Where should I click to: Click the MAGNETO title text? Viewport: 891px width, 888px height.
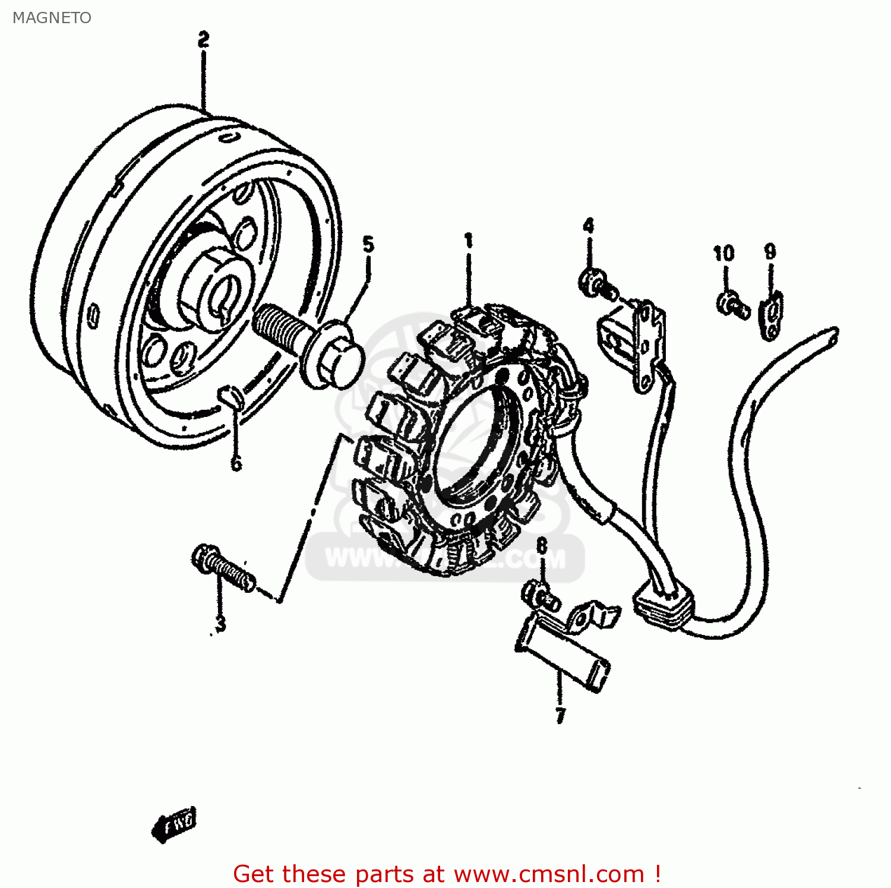pos(52,18)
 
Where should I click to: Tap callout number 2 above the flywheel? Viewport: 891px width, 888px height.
pos(203,40)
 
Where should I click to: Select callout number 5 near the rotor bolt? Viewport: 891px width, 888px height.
pos(368,244)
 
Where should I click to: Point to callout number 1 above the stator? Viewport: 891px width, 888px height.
pos(469,241)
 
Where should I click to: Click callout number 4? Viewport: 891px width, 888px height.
pos(588,226)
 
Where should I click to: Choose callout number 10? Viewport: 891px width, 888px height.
pos(723,254)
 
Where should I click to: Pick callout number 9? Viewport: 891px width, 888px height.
pos(770,251)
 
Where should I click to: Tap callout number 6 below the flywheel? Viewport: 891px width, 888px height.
pos(236,463)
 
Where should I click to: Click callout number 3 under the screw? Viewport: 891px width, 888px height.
pos(220,624)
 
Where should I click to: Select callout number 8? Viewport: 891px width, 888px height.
pos(541,545)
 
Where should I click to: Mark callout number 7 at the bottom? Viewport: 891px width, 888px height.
pos(560,715)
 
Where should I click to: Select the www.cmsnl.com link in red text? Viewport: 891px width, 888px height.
pos(549,874)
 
